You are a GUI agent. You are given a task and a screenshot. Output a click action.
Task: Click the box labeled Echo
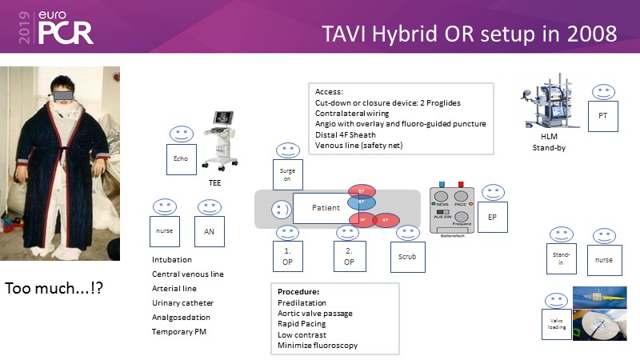(x=181, y=159)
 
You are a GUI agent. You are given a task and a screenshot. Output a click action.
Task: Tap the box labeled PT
(x=603, y=116)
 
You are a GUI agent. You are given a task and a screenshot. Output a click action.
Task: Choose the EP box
(x=492, y=216)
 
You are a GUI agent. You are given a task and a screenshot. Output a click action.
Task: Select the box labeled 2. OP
(x=350, y=256)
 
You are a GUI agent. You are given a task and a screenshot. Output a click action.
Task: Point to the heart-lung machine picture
(x=550, y=105)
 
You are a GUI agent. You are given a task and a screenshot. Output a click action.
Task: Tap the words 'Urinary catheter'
(x=183, y=303)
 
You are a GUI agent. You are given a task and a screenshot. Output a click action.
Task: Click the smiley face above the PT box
(x=603, y=90)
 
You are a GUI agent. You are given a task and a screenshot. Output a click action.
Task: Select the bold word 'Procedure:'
(x=299, y=290)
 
